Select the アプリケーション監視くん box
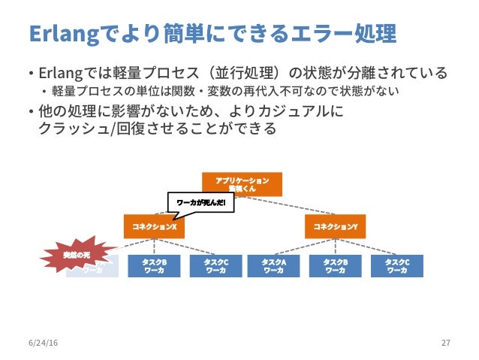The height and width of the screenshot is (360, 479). point(242,184)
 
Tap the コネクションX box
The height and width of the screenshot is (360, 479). point(154,226)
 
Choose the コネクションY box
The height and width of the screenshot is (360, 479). point(335,226)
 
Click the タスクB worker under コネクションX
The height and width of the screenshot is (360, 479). point(154,266)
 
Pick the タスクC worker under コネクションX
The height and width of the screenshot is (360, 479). point(215,266)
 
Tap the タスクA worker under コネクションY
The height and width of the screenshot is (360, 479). point(273,266)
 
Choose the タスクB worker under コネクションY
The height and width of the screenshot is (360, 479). point(335,266)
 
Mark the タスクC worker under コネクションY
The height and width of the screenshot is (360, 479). point(396,266)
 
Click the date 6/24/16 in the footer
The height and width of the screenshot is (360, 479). point(41,343)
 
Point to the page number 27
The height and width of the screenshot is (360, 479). point(446,343)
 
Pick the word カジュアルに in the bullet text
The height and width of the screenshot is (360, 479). point(304,112)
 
